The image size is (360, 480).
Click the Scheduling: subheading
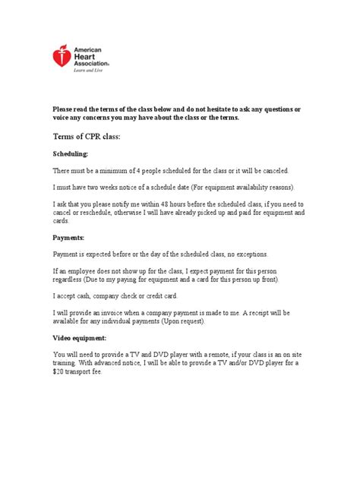click(70, 153)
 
